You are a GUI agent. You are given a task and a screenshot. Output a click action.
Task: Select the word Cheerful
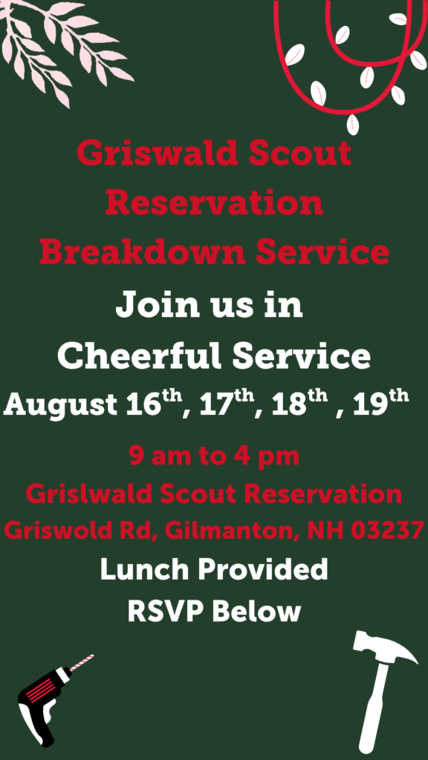140,356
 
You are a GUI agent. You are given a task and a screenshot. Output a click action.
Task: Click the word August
61,404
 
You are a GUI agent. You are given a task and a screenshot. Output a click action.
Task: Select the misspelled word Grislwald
90,494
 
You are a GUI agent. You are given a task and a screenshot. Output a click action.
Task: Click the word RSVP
166,612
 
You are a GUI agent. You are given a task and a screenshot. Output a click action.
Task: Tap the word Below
256,612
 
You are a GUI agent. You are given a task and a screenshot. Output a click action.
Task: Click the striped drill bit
81,663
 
